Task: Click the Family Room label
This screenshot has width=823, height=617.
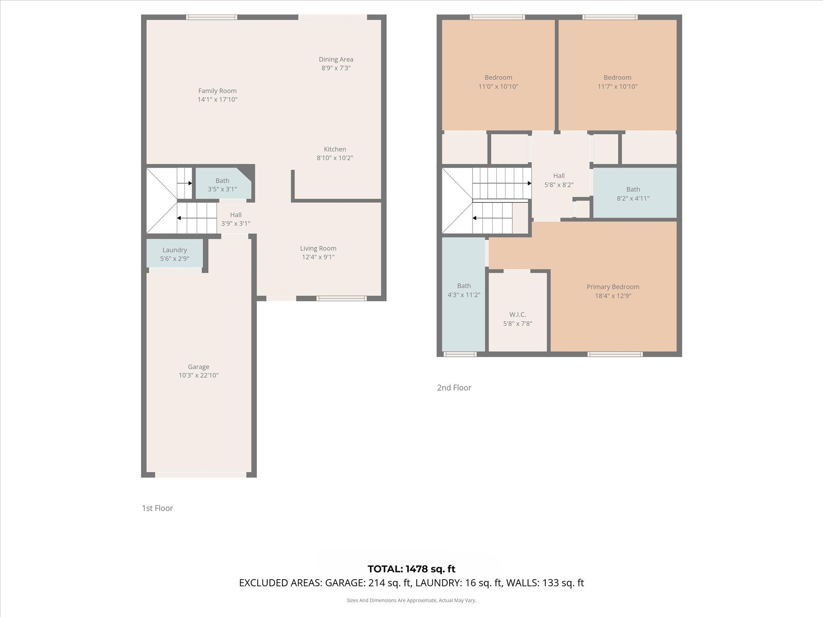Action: click(x=217, y=91)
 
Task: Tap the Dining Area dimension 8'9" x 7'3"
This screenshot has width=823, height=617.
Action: click(x=336, y=68)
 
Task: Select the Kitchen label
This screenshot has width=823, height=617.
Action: click(x=335, y=149)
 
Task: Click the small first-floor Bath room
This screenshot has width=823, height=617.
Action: click(x=222, y=185)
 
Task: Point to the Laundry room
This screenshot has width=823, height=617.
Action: click(x=174, y=254)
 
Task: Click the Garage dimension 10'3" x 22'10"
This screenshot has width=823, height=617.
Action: click(x=199, y=375)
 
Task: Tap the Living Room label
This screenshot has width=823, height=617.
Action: click(x=318, y=248)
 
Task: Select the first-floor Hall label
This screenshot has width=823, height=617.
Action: click(x=236, y=215)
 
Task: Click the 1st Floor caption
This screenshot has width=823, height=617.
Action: click(x=158, y=508)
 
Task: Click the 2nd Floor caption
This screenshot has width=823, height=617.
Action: click(x=454, y=388)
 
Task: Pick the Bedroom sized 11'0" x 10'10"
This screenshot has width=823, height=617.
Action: click(x=498, y=82)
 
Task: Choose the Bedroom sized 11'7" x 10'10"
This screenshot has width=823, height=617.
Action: click(x=617, y=82)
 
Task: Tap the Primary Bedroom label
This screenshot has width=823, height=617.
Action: click(x=613, y=287)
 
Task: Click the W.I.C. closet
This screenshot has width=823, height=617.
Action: click(x=518, y=319)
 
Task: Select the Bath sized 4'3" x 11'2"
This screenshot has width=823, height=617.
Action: click(x=464, y=290)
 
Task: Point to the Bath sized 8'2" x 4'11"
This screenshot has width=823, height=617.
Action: click(x=633, y=194)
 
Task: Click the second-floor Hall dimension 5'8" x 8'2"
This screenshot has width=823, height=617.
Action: click(x=559, y=185)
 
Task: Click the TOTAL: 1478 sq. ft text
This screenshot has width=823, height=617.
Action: click(x=411, y=569)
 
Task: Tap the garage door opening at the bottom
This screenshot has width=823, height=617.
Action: click(x=201, y=475)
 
